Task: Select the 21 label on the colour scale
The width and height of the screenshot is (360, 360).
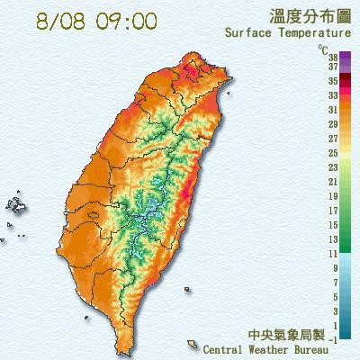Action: click(x=332, y=181)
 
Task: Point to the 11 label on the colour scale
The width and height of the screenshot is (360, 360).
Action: click(x=332, y=253)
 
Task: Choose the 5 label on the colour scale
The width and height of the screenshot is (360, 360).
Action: click(x=334, y=296)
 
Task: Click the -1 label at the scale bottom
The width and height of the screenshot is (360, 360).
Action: click(x=333, y=339)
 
